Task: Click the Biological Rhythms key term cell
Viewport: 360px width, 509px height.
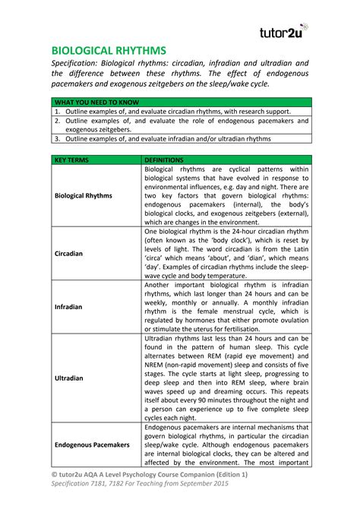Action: [84, 195]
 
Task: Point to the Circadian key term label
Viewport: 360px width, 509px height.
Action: [69, 253]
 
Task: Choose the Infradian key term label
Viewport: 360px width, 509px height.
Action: [69, 307]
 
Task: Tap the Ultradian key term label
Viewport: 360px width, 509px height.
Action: [69, 376]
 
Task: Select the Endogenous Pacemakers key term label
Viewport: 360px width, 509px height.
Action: [92, 444]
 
